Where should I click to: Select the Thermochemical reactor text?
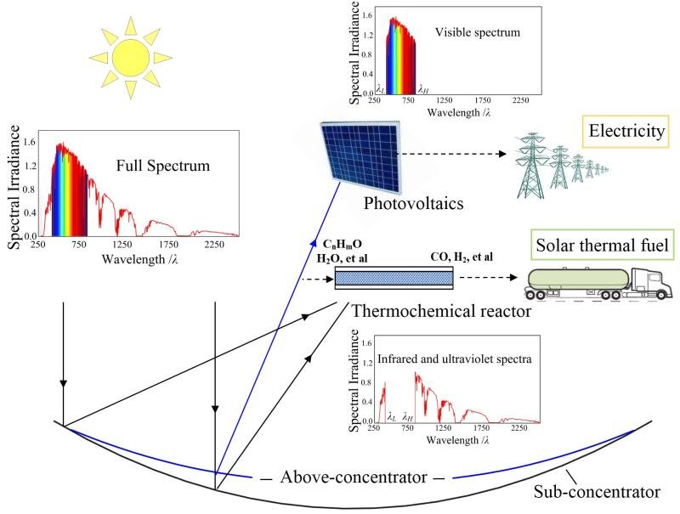click(x=422, y=311)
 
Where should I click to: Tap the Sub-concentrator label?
click(x=597, y=491)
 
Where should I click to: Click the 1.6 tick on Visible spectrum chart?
click(x=368, y=15)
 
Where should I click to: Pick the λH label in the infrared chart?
click(x=408, y=417)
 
